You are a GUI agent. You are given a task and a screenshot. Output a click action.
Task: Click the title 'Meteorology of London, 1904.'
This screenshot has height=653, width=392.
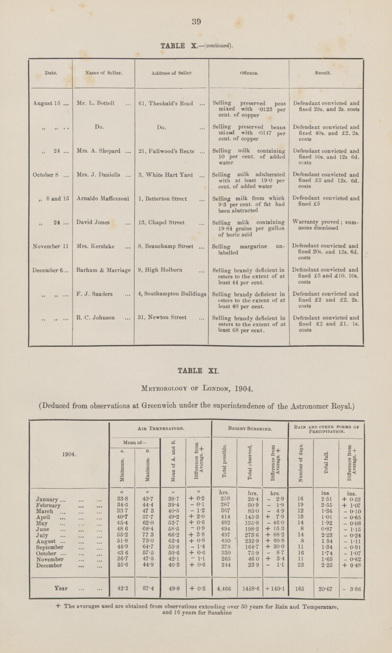point(196,390)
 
